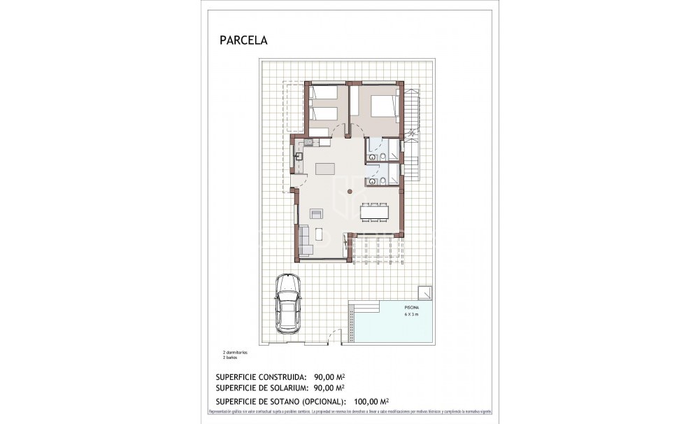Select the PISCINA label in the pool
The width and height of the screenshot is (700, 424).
tap(413, 308)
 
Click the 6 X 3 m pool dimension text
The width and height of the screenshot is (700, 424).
tap(413, 315)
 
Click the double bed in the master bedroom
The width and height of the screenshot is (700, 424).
tap(382, 106)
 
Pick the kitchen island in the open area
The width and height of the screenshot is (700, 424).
tap(325, 169)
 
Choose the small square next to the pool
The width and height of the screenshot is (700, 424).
tap(424, 292)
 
